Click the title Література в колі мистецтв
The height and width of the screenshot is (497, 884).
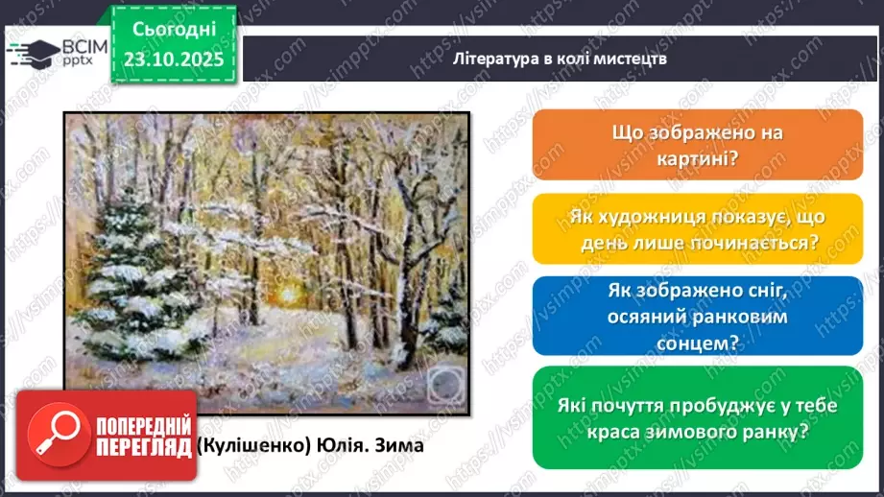(x=561, y=58)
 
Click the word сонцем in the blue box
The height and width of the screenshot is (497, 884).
(x=686, y=340)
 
